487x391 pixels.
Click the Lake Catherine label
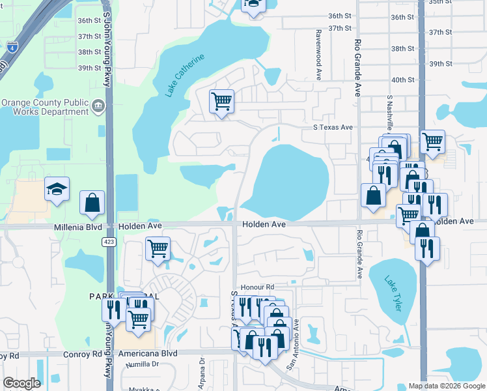(184, 76)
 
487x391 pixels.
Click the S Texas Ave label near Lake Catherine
(333, 127)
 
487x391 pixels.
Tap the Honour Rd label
(257, 287)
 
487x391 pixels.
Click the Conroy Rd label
(81, 354)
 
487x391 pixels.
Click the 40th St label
(403, 80)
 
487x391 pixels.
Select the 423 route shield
(109, 242)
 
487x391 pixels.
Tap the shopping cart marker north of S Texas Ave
(221, 102)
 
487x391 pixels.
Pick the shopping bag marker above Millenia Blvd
(92, 202)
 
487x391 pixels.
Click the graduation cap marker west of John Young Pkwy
(56, 190)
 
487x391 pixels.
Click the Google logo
(21, 383)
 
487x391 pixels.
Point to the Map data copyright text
(446, 386)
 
